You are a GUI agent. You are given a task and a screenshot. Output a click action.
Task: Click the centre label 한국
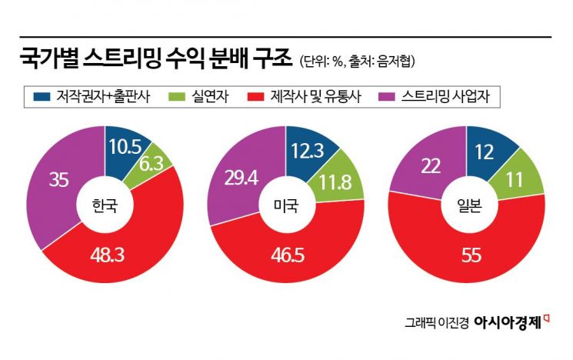pos(104,205)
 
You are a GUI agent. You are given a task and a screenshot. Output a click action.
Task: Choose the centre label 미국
pos(285,205)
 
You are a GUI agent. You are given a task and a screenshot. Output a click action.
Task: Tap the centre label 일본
pos(467,205)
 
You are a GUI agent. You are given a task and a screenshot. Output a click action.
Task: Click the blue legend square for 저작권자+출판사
pos(42,97)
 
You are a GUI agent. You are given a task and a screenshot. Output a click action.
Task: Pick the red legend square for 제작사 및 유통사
pos(257,97)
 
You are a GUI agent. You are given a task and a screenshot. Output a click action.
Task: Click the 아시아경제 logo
pos(513,322)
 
